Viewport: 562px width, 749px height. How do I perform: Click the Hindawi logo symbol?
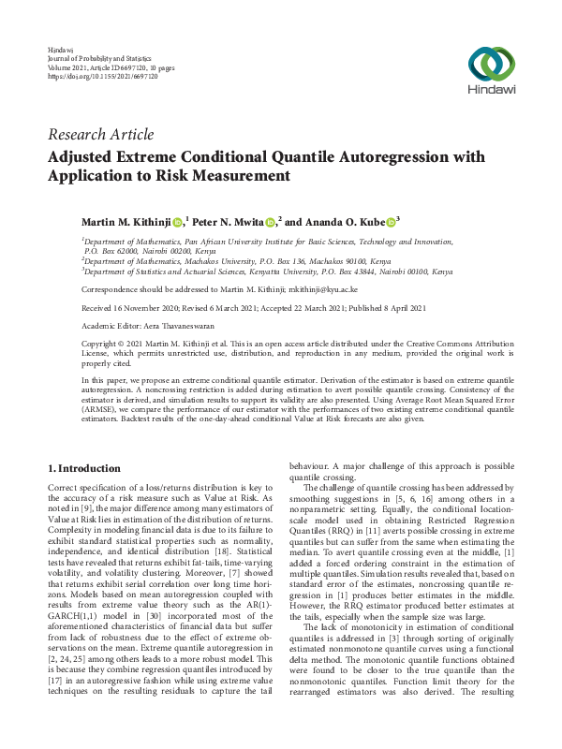tap(491, 63)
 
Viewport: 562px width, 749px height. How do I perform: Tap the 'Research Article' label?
tap(100, 135)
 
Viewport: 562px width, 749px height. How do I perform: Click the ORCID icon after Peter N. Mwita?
tap(271, 221)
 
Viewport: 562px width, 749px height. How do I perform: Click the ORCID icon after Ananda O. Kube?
tap(391, 221)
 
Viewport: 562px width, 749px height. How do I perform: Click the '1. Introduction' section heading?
tap(84, 468)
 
